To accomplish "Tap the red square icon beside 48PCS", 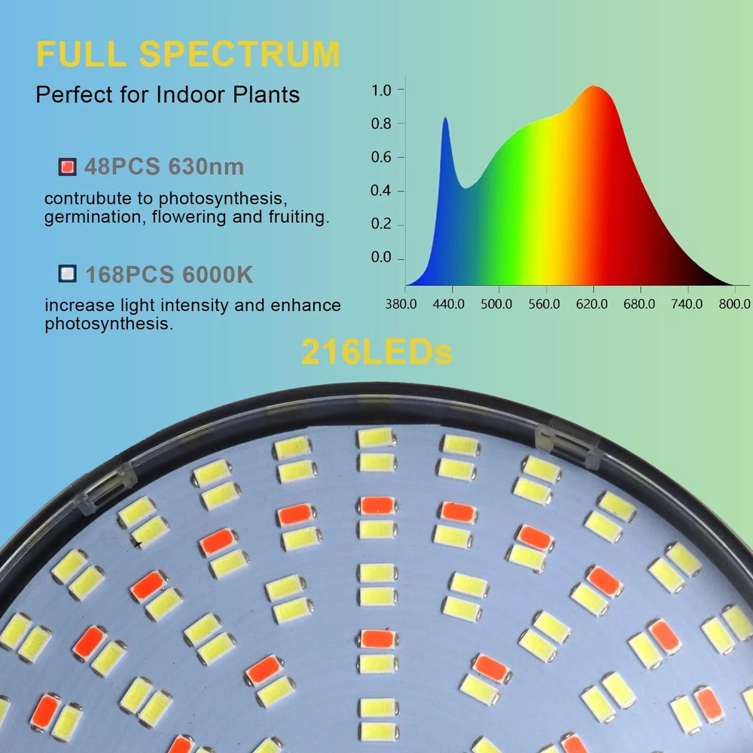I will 68,166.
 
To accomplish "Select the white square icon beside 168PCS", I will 68,274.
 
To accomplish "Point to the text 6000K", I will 218,274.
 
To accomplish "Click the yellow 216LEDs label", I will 376,352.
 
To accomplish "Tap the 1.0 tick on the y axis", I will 382,90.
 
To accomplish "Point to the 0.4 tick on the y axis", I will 382,191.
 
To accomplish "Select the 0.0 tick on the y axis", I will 382,258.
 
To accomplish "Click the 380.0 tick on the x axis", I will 401,303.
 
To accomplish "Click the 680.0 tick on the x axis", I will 640,303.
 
